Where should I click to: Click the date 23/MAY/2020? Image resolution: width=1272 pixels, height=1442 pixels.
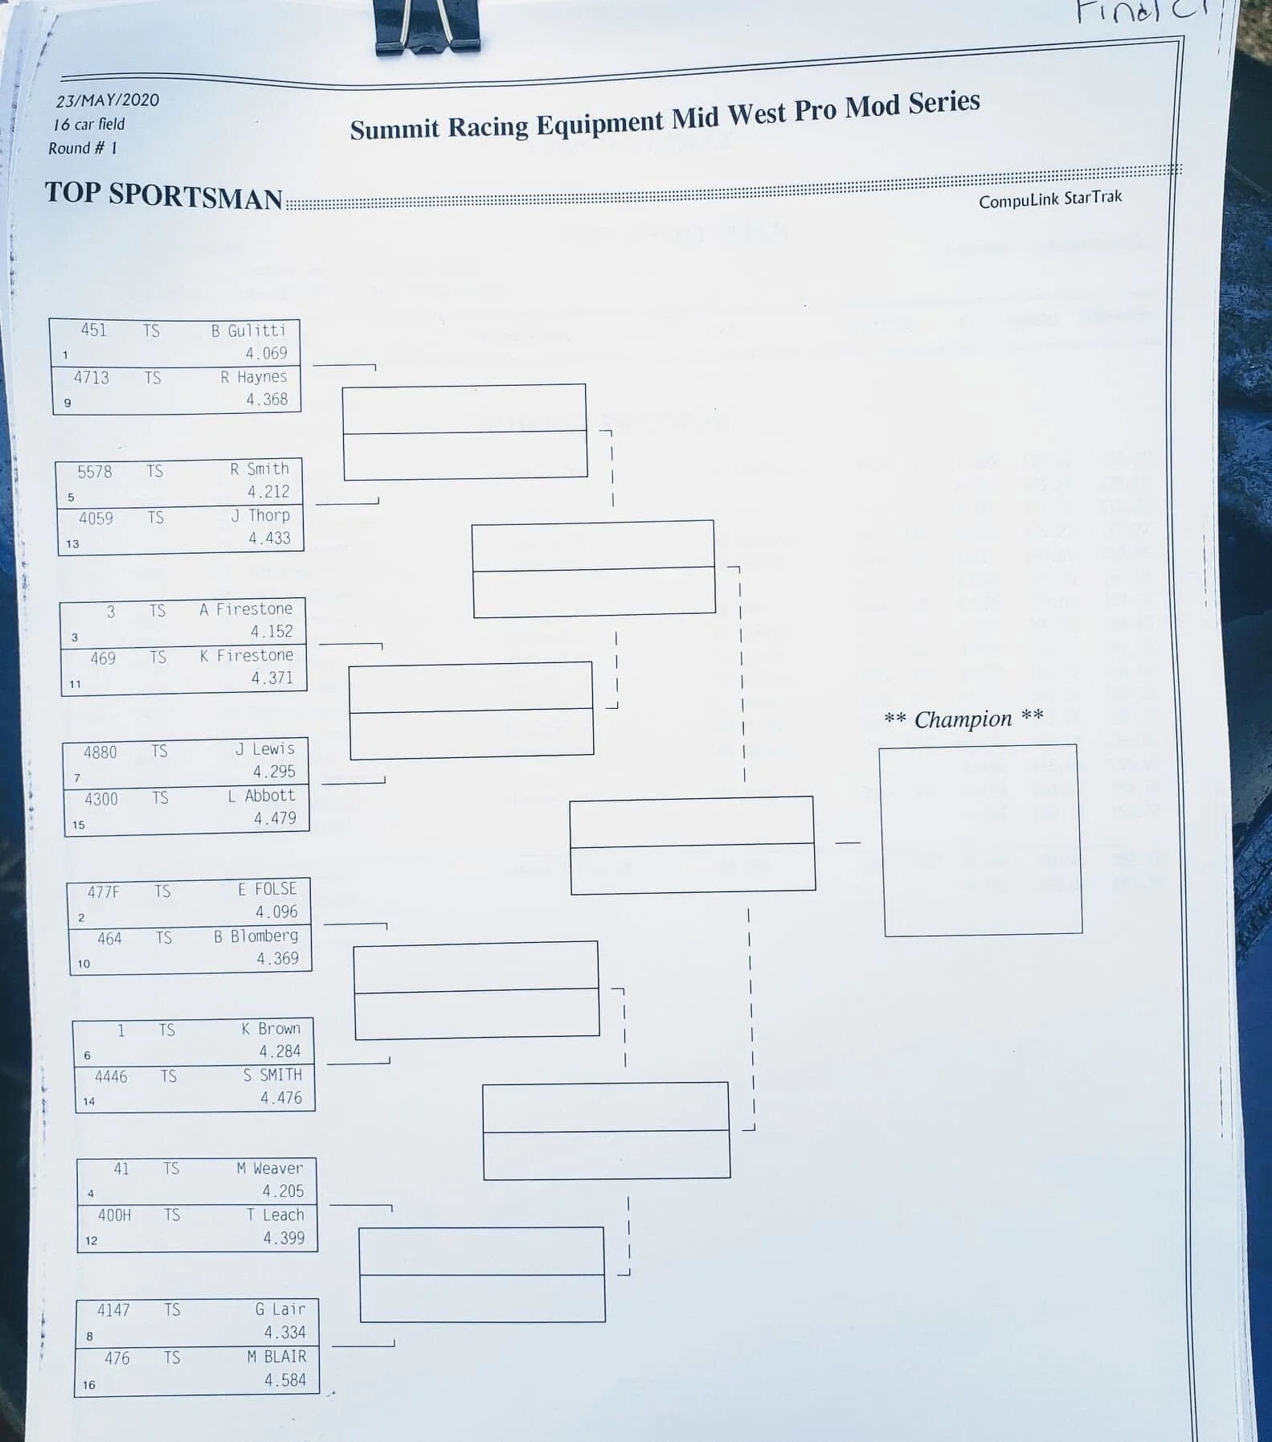(107, 100)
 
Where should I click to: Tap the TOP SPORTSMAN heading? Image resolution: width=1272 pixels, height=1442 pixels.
(164, 195)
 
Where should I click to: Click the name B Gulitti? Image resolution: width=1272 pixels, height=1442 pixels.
(248, 330)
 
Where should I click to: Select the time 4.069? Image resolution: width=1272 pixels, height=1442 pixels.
(266, 353)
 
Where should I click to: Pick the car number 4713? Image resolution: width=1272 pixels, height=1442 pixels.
(92, 378)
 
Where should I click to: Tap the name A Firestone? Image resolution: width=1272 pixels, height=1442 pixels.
(246, 609)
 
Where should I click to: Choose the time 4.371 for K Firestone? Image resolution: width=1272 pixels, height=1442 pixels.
(272, 678)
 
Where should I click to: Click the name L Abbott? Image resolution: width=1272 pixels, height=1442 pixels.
(261, 796)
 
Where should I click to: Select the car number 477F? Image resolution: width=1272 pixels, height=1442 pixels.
(104, 891)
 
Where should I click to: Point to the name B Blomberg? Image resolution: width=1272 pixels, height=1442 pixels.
(256, 936)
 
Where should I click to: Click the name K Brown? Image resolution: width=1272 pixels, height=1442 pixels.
(271, 1029)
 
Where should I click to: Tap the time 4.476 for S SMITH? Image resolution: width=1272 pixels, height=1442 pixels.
(281, 1098)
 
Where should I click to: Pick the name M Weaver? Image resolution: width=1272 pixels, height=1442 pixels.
(269, 1169)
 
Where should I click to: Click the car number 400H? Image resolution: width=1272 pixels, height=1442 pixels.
(114, 1215)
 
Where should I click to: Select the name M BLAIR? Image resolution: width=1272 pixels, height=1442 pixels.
(276, 1357)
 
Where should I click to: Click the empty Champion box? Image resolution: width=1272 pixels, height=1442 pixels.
(981, 840)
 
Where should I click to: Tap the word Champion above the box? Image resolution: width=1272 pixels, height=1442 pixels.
(963, 719)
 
